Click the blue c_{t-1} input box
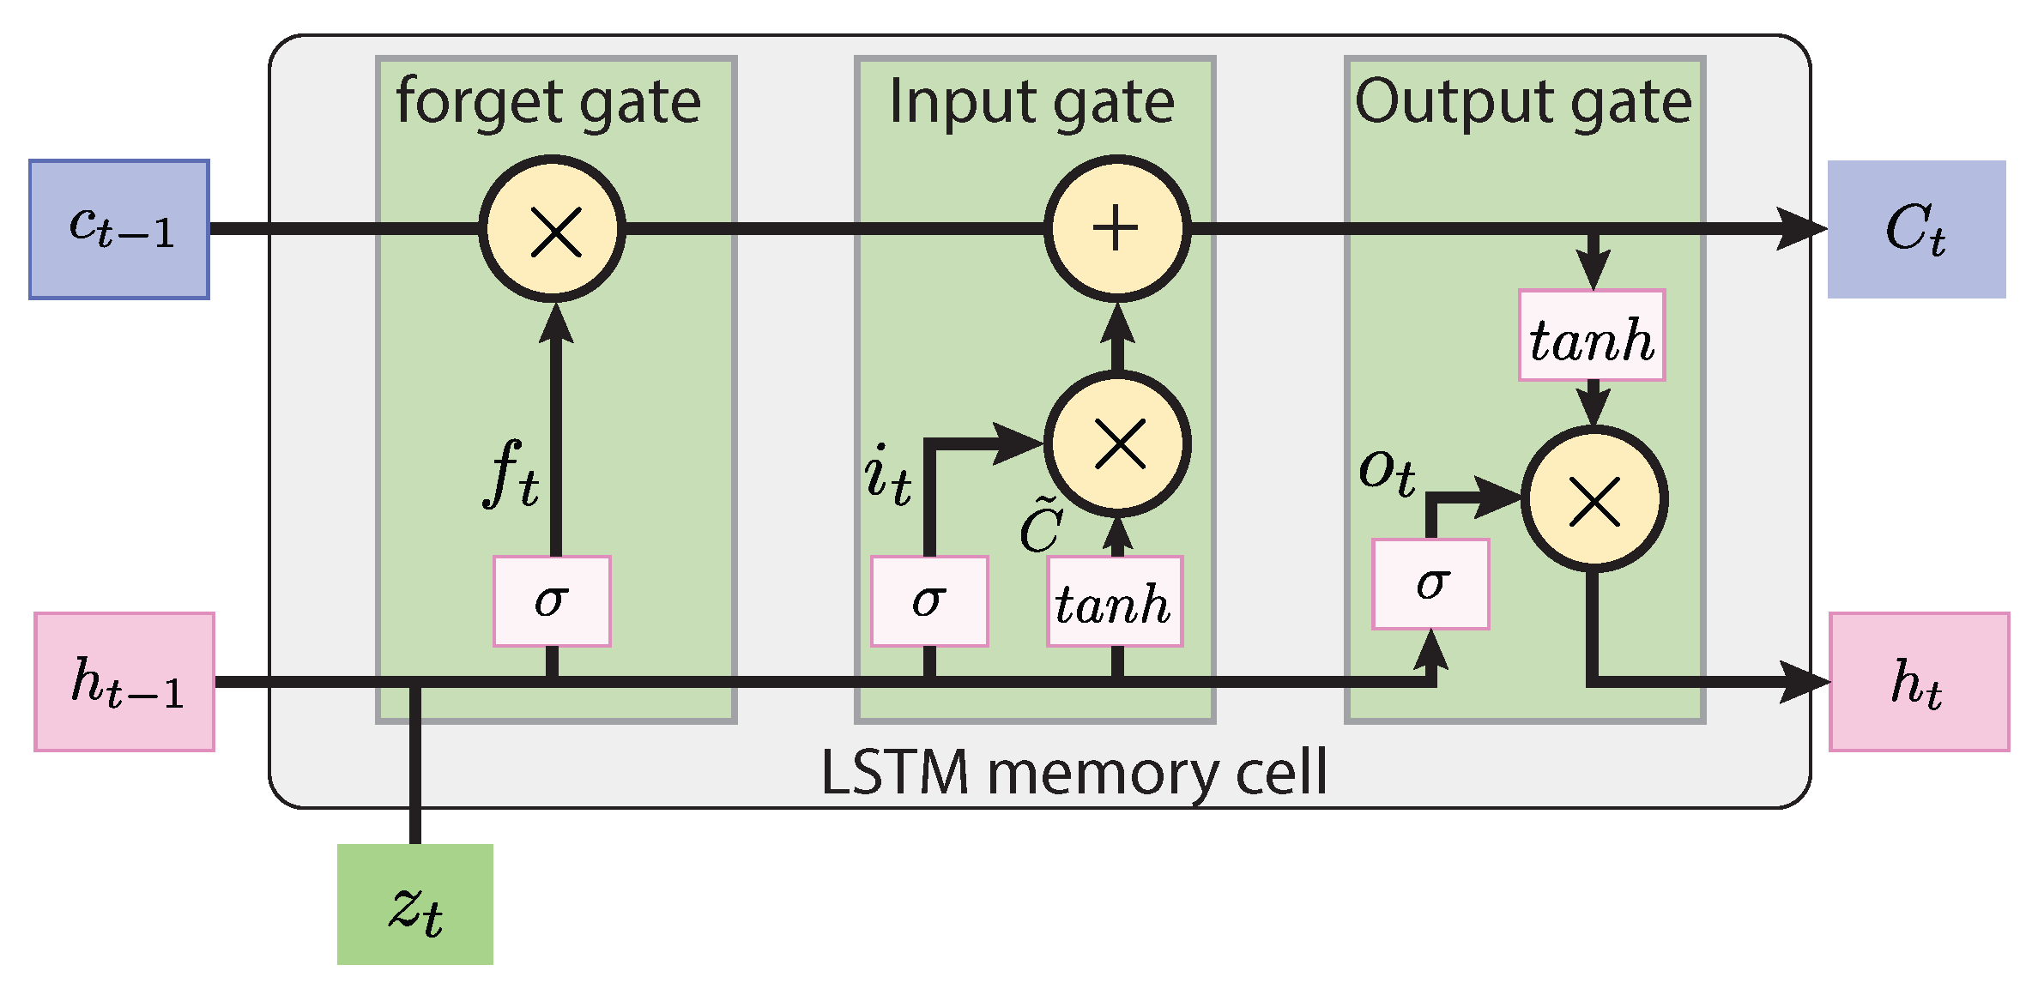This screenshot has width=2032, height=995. pos(119,229)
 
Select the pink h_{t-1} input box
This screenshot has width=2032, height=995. pos(124,682)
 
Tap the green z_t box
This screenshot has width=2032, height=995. pos(415,904)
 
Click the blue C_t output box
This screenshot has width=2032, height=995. pos(1916,229)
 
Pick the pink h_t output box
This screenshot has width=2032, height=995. pos(1919,682)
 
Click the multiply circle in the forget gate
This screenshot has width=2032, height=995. pos(553,229)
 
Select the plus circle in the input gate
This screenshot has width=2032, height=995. pos(1116,229)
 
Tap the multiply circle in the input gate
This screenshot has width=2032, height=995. pos(1116,444)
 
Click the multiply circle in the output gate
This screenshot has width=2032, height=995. pos(1594,499)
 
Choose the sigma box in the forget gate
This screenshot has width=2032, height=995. pos(552,600)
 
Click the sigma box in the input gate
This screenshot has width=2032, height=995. pos(929,600)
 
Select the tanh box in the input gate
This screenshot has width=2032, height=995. pos(1114,601)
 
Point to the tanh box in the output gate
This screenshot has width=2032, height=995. pos(1592,335)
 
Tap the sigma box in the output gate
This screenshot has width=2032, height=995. pos(1430,584)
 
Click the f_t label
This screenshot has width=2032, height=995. pos(511,473)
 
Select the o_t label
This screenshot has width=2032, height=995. pos(1387,472)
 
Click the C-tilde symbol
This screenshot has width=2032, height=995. pos(1041,525)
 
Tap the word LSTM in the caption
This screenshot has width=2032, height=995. pos(895,772)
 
